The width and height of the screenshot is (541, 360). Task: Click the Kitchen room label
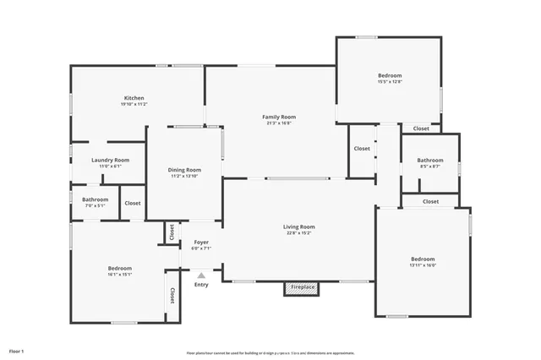click(134, 97)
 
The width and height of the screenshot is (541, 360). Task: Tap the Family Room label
click(279, 117)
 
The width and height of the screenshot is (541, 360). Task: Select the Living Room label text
click(298, 226)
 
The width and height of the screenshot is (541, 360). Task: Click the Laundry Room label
click(111, 160)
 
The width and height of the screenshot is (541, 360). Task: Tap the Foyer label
click(200, 243)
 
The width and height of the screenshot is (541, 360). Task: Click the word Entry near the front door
click(201, 284)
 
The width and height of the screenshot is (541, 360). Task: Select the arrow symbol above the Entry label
click(201, 275)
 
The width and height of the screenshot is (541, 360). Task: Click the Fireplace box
click(303, 288)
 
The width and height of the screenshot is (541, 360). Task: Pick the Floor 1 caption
click(17, 350)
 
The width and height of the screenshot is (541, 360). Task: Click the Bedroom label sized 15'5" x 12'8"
click(390, 76)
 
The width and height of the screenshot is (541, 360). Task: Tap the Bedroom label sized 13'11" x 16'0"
click(423, 259)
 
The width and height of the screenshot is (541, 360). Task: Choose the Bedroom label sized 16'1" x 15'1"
click(119, 268)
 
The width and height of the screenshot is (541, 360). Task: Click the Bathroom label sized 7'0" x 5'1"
click(95, 199)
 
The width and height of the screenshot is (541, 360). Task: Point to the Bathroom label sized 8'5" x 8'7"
click(429, 160)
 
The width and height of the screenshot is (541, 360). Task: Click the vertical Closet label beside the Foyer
click(172, 231)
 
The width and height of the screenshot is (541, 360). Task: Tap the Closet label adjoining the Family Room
click(362, 148)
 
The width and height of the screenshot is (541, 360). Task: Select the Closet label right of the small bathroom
click(133, 203)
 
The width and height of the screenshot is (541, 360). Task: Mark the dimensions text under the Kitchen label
click(134, 104)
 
